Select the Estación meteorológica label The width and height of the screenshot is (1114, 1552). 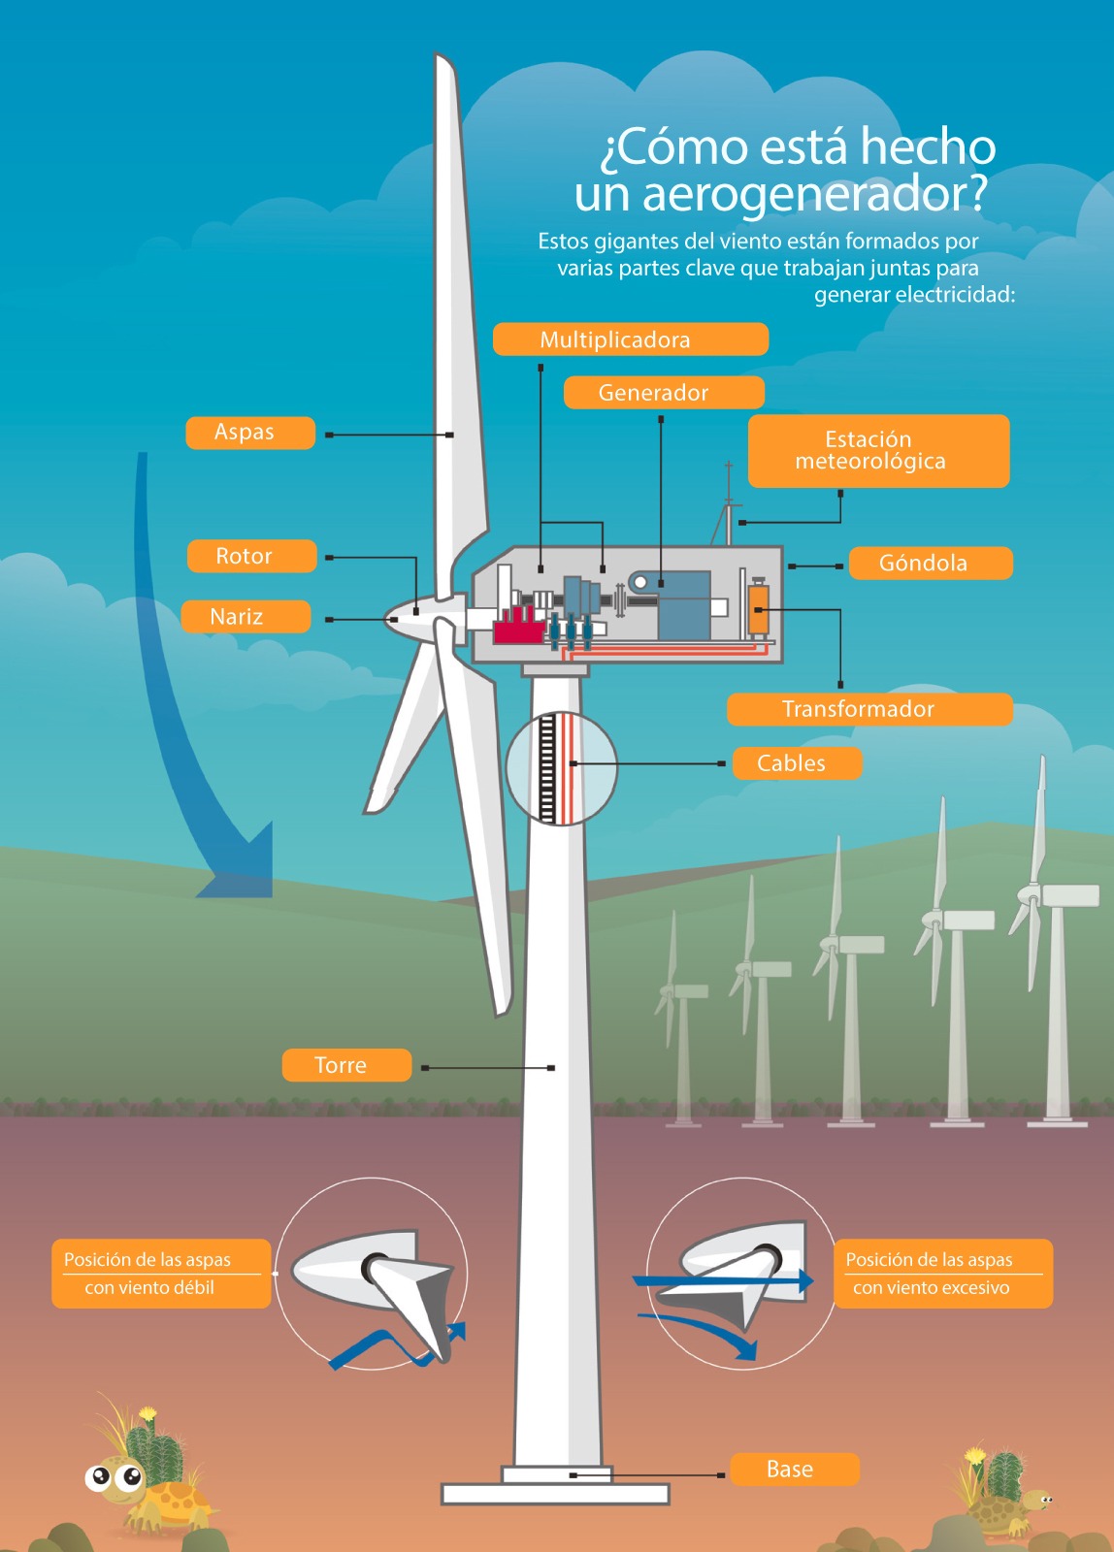tap(878, 451)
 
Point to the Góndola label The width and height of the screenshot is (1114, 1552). tap(930, 564)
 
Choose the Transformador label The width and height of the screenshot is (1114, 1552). tap(868, 709)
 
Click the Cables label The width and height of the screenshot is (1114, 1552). tap(796, 763)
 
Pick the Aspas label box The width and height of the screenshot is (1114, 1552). tap(250, 433)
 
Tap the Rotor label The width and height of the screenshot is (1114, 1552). tap(251, 556)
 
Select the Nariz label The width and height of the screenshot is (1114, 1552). tap(246, 617)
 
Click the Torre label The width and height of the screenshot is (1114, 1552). tap(346, 1065)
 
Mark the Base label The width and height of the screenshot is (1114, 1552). tap(794, 1470)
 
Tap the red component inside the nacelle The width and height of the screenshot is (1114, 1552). tap(517, 628)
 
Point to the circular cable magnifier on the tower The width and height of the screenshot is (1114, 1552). tap(561, 768)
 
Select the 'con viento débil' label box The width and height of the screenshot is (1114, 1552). tap(161, 1274)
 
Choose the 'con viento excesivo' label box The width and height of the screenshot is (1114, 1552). tap(942, 1274)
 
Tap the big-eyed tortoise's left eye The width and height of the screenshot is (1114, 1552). tap(99, 1477)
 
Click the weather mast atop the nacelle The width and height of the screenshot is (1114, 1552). tap(728, 504)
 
